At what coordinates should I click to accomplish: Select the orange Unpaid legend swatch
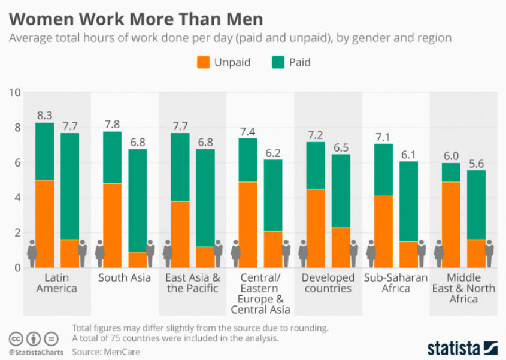pyautogui.click(x=204, y=62)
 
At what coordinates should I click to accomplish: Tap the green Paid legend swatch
pyautogui.click(x=278, y=62)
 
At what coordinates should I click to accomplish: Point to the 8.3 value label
pyautogui.click(x=45, y=114)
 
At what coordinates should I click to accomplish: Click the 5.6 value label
pyautogui.click(x=477, y=162)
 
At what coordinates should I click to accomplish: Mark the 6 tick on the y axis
pyautogui.click(x=17, y=163)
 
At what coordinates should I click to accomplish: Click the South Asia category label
pyautogui.click(x=125, y=277)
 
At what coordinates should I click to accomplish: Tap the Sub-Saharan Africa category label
pyautogui.click(x=396, y=283)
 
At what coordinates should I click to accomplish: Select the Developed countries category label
pyautogui.click(x=328, y=283)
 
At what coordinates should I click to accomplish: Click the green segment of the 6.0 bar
pyautogui.click(x=451, y=172)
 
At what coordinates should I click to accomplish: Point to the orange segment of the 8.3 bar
pyautogui.click(x=45, y=223)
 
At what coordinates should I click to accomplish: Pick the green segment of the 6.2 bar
pyautogui.click(x=274, y=195)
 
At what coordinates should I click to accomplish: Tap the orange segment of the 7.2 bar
pyautogui.click(x=316, y=228)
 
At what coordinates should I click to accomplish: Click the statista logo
pyautogui.click(x=462, y=347)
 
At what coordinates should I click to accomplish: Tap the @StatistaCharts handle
pyautogui.click(x=35, y=352)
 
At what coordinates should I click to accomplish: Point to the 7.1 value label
pyautogui.click(x=383, y=135)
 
